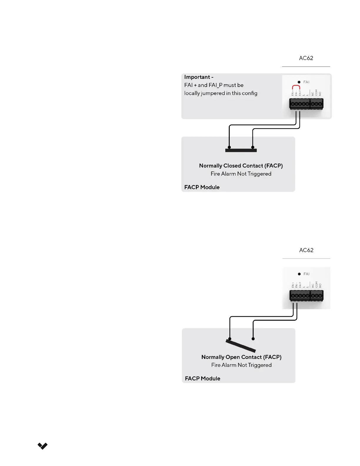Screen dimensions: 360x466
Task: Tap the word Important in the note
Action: pyautogui.click(x=197, y=77)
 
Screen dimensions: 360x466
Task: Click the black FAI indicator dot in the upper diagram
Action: pyautogui.click(x=299, y=82)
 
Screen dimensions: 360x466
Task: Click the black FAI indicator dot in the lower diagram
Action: pyautogui.click(x=299, y=274)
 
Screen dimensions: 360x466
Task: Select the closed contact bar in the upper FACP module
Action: pyautogui.click(x=241, y=150)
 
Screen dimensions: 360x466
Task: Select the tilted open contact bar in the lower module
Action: pyautogui.click(x=241, y=346)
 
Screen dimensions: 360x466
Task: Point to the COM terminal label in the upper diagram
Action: pyautogui.click(x=316, y=93)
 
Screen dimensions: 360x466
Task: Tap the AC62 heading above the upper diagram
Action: pyautogui.click(x=306, y=58)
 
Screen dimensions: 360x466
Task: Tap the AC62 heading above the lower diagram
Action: pyautogui.click(x=306, y=250)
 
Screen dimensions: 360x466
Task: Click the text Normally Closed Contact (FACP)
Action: pyautogui.click(x=241, y=166)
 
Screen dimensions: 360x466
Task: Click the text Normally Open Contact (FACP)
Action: pyautogui.click(x=241, y=357)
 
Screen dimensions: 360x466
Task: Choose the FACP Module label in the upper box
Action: pyautogui.click(x=202, y=187)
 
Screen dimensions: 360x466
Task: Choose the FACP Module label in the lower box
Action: pyautogui.click(x=202, y=379)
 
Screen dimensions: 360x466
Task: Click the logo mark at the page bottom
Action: pyautogui.click(x=43, y=446)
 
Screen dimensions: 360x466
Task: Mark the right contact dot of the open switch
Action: pyautogui.click(x=253, y=339)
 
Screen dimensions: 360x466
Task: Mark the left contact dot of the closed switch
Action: pyautogui.click(x=229, y=147)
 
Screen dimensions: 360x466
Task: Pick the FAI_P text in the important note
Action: pyautogui.click(x=216, y=85)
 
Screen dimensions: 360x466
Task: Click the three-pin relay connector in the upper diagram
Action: pyautogui.click(x=317, y=104)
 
